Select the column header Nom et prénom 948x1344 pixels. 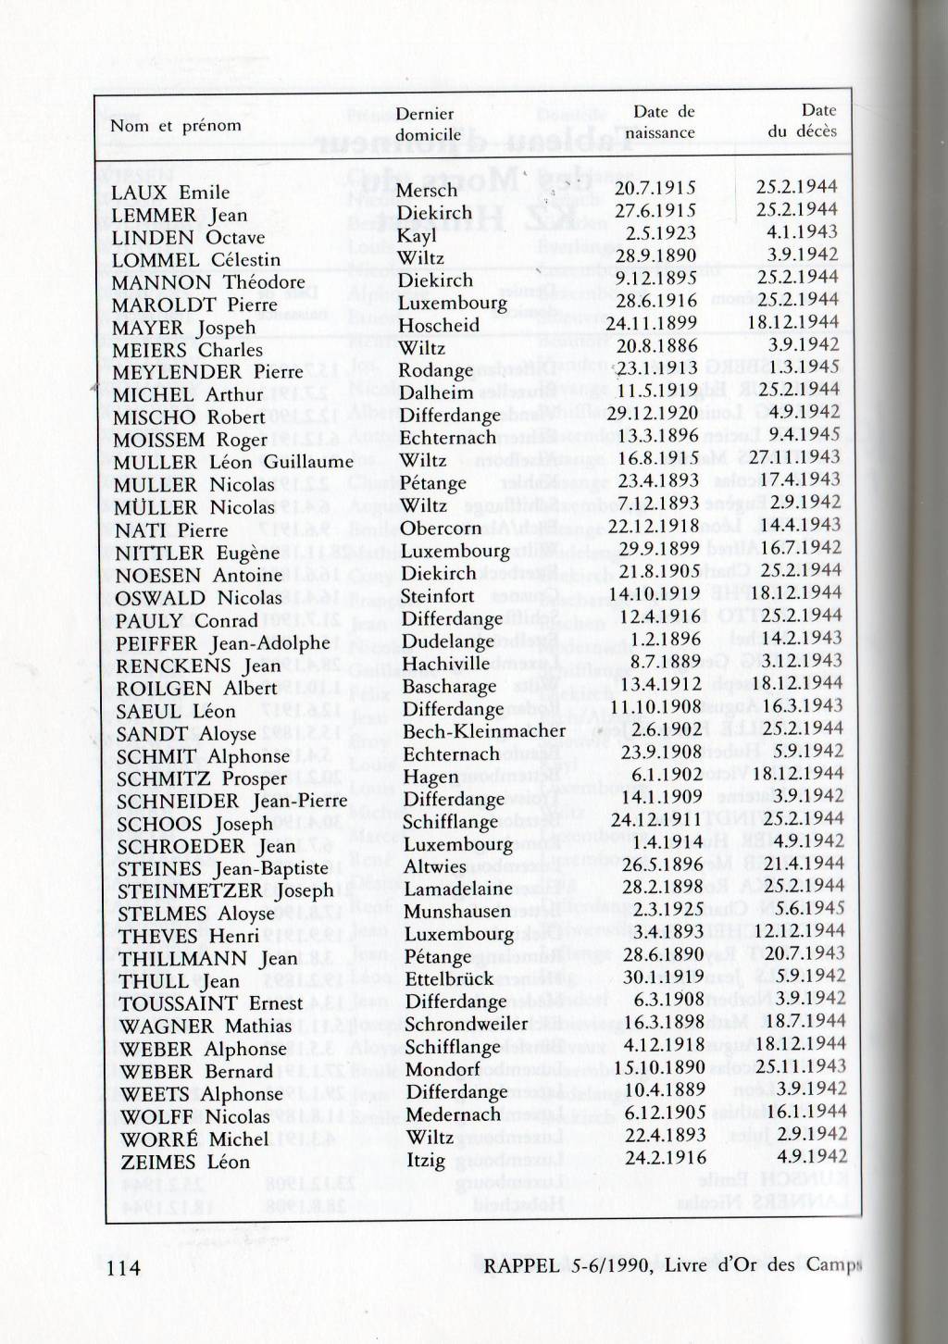pyautogui.click(x=176, y=126)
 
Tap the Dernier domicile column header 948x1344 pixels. pyautogui.click(x=427, y=124)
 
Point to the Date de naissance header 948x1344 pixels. pyautogui.click(x=659, y=122)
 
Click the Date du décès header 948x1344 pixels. pyautogui.click(x=802, y=121)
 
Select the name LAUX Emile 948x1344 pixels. pyautogui.click(x=170, y=193)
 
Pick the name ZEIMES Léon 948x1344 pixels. pyautogui.click(x=183, y=1162)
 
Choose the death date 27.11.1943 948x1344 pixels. pyautogui.click(x=794, y=458)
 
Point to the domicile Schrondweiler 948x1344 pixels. pyautogui.click(x=466, y=1024)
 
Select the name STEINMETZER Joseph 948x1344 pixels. pyautogui.click(x=225, y=890)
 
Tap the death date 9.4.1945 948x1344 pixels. pyautogui.click(x=804, y=435)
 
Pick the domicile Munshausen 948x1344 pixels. pyautogui.click(x=456, y=912)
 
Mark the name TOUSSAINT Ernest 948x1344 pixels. pyautogui.click(x=211, y=1003)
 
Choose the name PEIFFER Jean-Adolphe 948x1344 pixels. pyautogui.click(x=222, y=643)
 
